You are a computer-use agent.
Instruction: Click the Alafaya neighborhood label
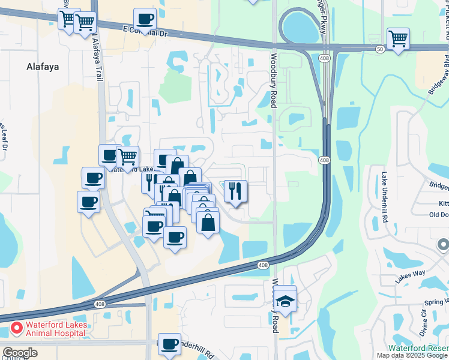43,67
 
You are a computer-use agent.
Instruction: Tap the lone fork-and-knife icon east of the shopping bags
235,191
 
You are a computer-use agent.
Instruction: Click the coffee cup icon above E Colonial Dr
145,18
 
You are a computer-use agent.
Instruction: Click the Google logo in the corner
19,353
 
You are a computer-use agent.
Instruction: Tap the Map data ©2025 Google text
412,355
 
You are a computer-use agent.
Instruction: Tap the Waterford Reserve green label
418,347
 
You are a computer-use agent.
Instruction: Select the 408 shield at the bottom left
100,304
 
